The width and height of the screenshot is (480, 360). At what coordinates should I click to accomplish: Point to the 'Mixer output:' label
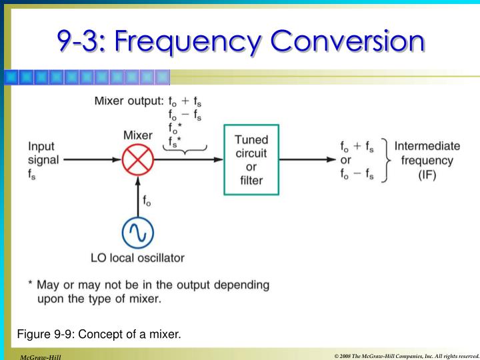coord(129,101)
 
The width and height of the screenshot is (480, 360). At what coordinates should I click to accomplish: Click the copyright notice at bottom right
coord(407,356)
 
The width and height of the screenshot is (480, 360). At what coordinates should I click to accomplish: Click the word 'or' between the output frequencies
coord(346,161)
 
